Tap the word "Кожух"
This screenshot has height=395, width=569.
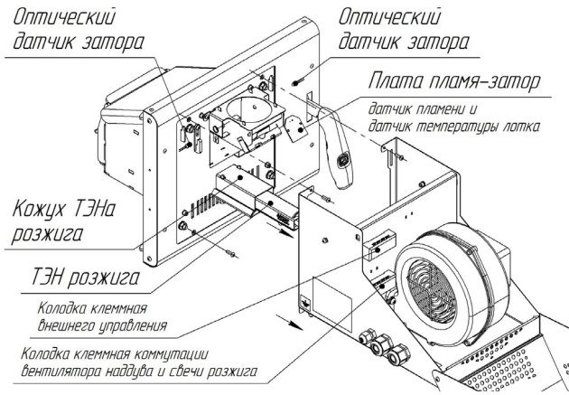pyautogui.click(x=40, y=211)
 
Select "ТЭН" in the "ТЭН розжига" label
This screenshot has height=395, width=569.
pyautogui.click(x=46, y=277)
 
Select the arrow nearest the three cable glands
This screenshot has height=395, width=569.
pyautogui.click(x=289, y=323)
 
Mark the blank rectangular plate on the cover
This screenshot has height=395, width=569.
pyautogui.click(x=332, y=305)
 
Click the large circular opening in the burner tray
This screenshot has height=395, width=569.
pyautogui.click(x=248, y=109)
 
